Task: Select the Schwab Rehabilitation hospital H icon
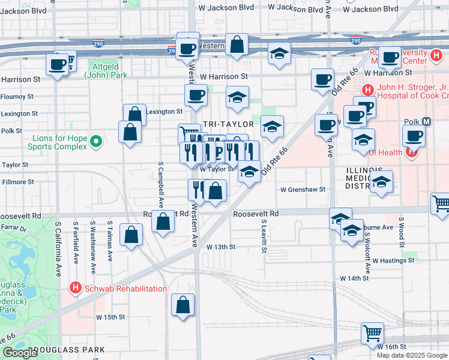(75, 289)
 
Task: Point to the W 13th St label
(221, 247)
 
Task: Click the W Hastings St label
(393, 260)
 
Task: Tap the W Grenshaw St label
(303, 189)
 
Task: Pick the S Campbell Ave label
(161, 181)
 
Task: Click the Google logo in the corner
(20, 353)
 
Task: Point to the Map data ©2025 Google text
(411, 355)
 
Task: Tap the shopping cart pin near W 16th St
(372, 332)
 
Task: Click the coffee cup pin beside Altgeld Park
(58, 65)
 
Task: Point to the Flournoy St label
(17, 96)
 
